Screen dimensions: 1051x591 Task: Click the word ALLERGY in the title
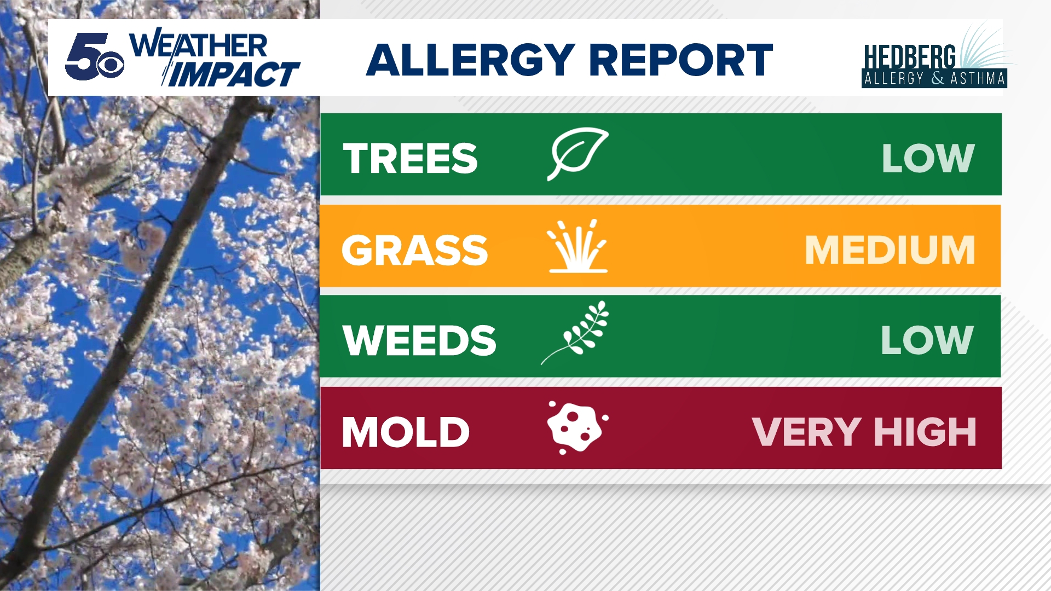coord(470,60)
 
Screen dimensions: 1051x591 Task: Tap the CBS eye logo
coord(110,65)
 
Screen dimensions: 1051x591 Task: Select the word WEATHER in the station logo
coord(198,45)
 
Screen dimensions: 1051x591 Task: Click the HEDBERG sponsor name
coord(909,57)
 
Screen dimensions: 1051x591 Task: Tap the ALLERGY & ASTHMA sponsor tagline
coord(934,79)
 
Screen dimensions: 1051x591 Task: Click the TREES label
coord(410,159)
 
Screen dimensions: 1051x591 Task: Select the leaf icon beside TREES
coord(578,154)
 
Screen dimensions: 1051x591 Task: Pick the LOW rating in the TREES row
coord(928,159)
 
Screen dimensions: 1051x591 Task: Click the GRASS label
coord(414,250)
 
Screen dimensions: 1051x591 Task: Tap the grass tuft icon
coord(578,246)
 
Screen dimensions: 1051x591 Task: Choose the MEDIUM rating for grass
coord(890,250)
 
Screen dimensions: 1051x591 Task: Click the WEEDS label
coord(419,340)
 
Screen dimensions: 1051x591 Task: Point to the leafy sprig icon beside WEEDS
coord(575,333)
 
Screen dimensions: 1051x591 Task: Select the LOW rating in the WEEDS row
coord(927,340)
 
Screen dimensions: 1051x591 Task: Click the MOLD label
coord(406,432)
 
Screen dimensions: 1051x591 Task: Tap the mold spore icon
coord(578,427)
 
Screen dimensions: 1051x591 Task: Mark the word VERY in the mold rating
coord(807,432)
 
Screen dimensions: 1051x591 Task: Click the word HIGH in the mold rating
coord(925,432)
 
